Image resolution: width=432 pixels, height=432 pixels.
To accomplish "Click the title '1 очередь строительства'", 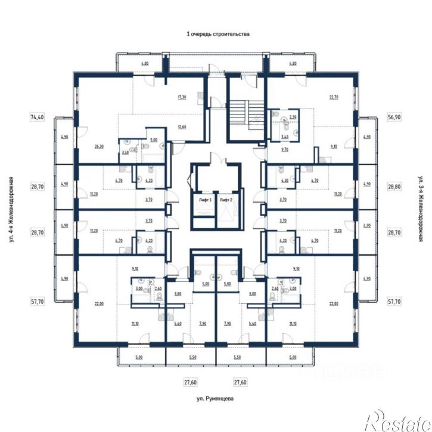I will tap(217, 35).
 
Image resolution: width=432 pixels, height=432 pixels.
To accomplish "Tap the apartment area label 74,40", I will tap(37, 117).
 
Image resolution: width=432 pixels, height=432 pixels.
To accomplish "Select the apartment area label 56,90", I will tap(394, 117).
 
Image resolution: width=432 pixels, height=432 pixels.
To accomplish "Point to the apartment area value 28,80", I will tap(394, 187).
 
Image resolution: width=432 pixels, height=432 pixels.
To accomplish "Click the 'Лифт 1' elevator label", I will tap(206, 201).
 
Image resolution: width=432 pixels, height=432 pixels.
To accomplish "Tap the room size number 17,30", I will tap(182, 97).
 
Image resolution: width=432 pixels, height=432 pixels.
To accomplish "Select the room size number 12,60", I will tap(182, 126).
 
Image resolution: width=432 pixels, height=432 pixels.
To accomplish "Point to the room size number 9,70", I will tap(284, 150).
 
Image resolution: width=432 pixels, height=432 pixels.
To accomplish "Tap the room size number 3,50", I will tap(125, 153).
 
